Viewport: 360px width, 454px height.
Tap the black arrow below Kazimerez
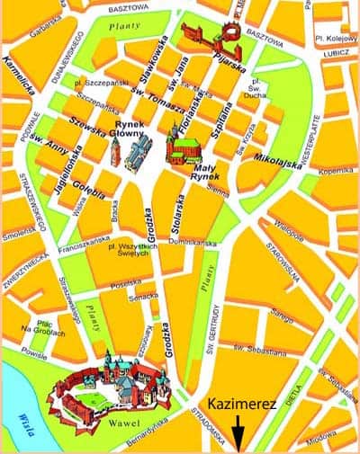tap(238, 434)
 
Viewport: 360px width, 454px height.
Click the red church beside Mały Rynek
tap(184, 144)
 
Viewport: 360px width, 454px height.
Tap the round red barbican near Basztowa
tap(229, 31)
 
